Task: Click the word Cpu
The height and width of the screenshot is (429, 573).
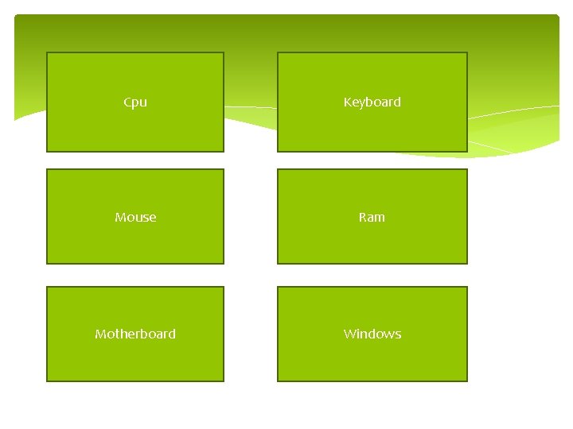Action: (135, 102)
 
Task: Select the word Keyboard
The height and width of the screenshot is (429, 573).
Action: (372, 102)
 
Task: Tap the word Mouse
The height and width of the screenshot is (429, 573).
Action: (135, 217)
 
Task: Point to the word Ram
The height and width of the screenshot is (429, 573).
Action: (372, 217)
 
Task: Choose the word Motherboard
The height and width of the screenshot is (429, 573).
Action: (135, 334)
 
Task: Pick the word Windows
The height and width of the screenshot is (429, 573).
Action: (372, 334)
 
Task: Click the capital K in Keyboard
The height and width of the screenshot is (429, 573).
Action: (347, 102)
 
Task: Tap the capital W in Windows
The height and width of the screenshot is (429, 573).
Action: (349, 334)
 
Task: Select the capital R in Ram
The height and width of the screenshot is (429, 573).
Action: (362, 217)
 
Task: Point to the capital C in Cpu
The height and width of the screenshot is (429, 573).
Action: (127, 102)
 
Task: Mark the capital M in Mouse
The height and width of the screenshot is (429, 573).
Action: (119, 217)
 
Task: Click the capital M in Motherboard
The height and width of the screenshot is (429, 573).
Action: (99, 334)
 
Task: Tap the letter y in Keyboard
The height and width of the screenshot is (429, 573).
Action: (362, 103)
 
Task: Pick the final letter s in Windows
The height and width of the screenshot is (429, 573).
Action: (398, 334)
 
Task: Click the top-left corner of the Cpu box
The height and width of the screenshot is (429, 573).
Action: (47, 52)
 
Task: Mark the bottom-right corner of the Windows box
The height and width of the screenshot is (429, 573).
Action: (467, 381)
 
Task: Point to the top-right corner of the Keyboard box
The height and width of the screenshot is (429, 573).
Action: (467, 52)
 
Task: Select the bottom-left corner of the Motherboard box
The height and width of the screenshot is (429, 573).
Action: (47, 381)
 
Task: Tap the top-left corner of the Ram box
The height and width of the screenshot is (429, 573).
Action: (277, 169)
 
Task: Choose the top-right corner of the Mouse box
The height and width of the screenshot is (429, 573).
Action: (224, 169)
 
